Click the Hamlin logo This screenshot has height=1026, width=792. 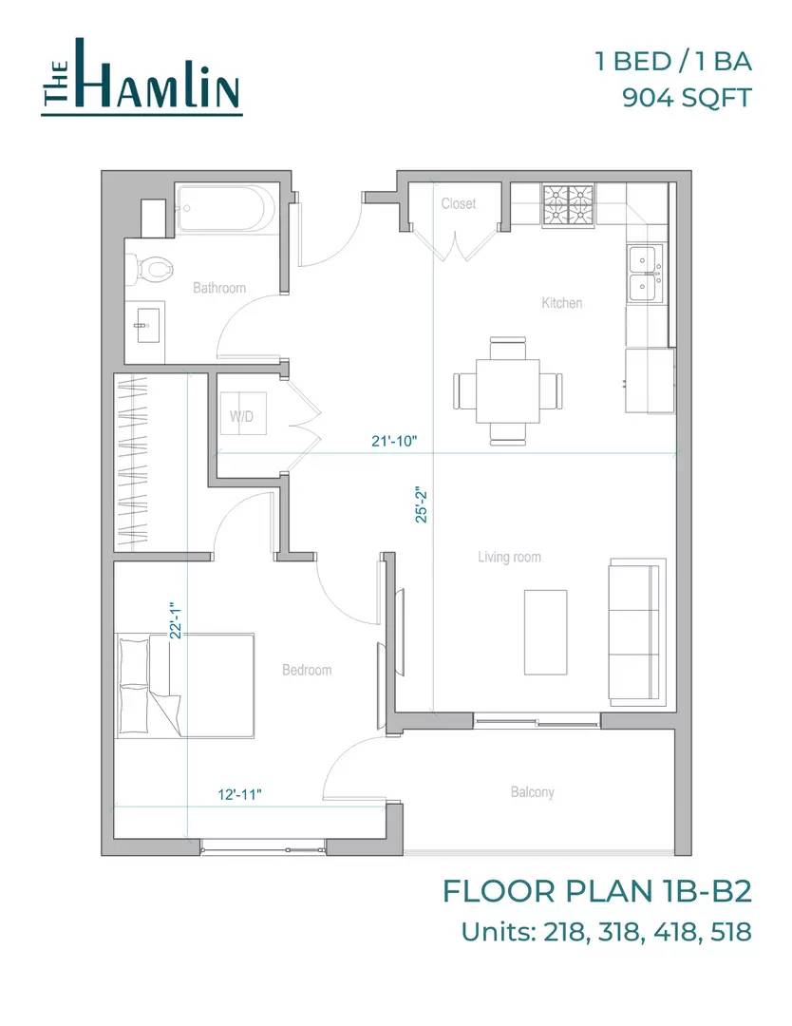pyautogui.click(x=141, y=77)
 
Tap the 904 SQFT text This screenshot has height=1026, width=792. pyautogui.click(x=687, y=98)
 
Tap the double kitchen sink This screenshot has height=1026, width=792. pyautogui.click(x=646, y=275)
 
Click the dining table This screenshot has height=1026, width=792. pyautogui.click(x=507, y=391)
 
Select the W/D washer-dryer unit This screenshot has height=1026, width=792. pyautogui.click(x=243, y=413)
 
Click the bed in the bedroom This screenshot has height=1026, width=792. pyautogui.click(x=184, y=686)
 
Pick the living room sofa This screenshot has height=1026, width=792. pyautogui.click(x=637, y=632)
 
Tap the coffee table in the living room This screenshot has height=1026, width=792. pyautogui.click(x=545, y=632)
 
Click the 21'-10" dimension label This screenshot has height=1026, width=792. pyautogui.click(x=394, y=441)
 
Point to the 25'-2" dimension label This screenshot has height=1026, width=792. pyautogui.click(x=422, y=505)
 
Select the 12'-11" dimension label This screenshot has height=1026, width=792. pyautogui.click(x=240, y=794)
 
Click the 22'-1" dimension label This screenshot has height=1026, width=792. pyautogui.click(x=175, y=620)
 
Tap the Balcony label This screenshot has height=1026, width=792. pyautogui.click(x=533, y=792)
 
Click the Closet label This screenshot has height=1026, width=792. pyautogui.click(x=459, y=203)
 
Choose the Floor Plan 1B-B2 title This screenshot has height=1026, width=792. pyautogui.click(x=597, y=891)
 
